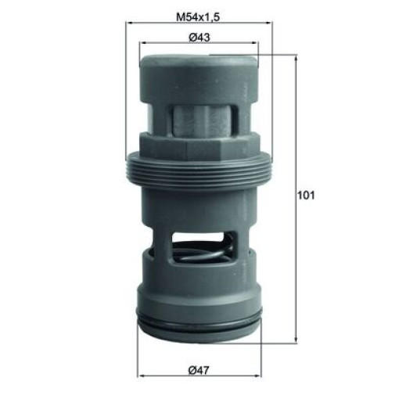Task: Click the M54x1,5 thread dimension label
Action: click(199, 17)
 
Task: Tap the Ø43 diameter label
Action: click(199, 38)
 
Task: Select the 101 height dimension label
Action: click(306, 195)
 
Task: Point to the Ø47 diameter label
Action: click(199, 370)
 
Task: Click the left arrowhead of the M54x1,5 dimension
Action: click(128, 23)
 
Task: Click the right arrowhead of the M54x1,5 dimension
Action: click(269, 23)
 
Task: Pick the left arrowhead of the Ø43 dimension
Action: click(142, 43)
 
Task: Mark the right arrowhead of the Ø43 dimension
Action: click(255, 43)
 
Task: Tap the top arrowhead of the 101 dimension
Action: click(296, 59)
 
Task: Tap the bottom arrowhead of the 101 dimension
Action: click(296, 340)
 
